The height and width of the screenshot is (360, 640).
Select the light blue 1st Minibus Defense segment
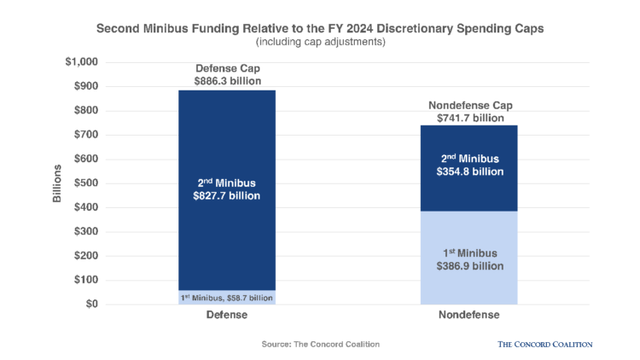click(x=226, y=298)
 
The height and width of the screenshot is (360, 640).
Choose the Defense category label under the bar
click(x=226, y=315)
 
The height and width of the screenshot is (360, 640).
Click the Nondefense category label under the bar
click(x=468, y=315)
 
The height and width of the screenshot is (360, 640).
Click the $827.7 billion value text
click(x=226, y=196)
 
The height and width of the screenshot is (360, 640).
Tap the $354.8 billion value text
click(x=468, y=171)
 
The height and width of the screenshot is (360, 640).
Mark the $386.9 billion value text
click(x=468, y=267)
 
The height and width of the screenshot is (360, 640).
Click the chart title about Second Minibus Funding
click(x=320, y=27)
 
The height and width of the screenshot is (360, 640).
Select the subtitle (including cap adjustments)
click(x=320, y=41)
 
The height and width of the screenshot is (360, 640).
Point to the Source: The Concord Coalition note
click(x=320, y=344)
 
